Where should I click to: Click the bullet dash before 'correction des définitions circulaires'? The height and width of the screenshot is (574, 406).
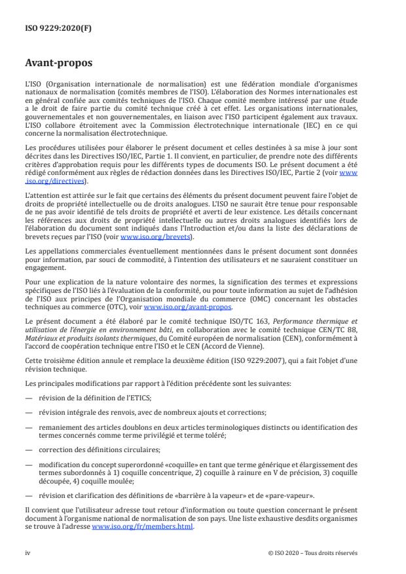[x=28, y=450]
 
